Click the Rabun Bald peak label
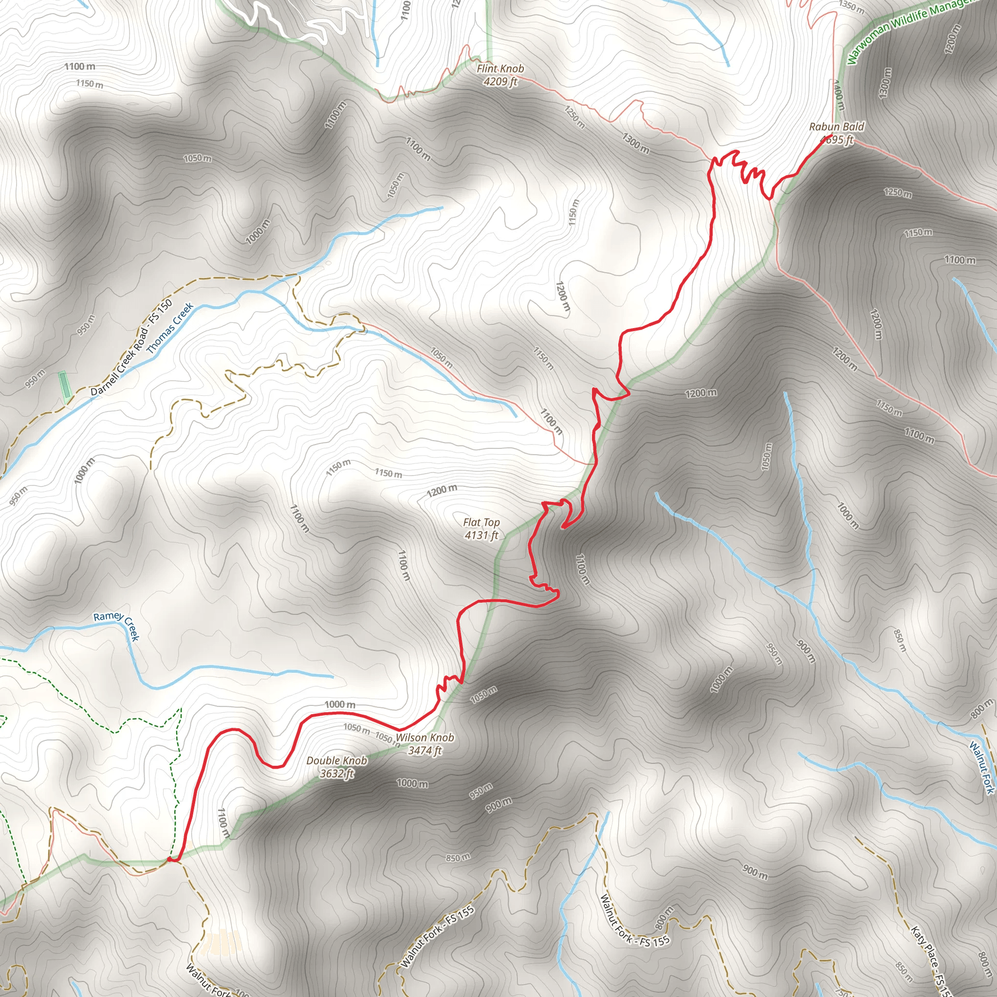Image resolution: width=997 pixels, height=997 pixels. pyautogui.click(x=836, y=132)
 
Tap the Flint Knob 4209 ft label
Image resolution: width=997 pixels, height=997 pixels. pyautogui.click(x=499, y=75)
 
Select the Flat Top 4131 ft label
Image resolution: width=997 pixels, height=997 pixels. pyautogui.click(x=481, y=529)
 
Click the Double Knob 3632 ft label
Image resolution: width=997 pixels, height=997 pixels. pyautogui.click(x=336, y=767)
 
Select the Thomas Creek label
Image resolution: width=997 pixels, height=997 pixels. pyautogui.click(x=170, y=328)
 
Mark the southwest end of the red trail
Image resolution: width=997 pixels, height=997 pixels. pyautogui.click(x=170, y=860)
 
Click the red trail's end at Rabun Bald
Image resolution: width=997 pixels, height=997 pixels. pyautogui.click(x=831, y=135)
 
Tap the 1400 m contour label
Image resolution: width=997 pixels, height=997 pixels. pyautogui.click(x=838, y=95)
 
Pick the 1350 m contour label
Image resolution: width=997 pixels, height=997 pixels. pyautogui.click(x=851, y=7)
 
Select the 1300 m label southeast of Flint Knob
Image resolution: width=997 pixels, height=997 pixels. pyautogui.click(x=635, y=143)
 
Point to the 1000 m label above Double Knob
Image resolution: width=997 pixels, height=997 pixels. pyautogui.click(x=340, y=704)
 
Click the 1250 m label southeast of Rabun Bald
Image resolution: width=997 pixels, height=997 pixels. pyautogui.click(x=897, y=193)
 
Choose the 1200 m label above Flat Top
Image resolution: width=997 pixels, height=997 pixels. pyautogui.click(x=442, y=490)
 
